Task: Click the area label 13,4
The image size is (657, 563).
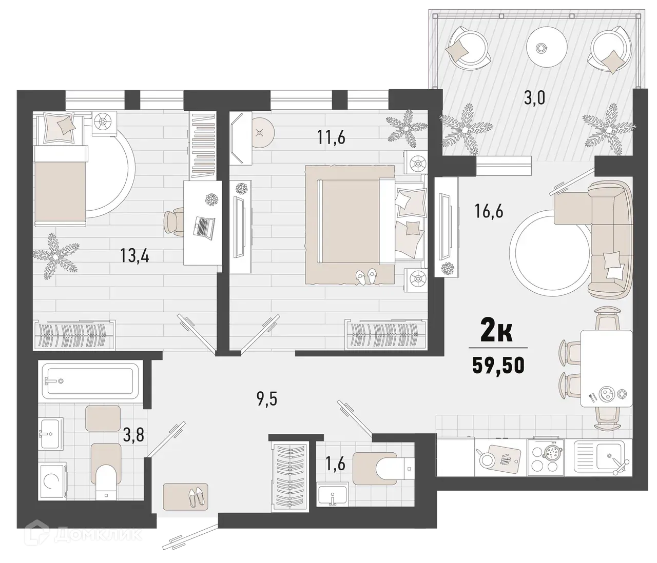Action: coord(134,255)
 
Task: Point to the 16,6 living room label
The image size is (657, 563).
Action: coord(489,211)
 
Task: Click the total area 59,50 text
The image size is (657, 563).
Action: coord(498,367)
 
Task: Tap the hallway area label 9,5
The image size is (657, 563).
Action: coord(266,398)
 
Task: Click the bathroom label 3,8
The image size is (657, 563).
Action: coord(133,436)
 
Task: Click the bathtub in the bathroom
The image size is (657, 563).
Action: coord(90,380)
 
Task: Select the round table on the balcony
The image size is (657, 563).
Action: coord(540,48)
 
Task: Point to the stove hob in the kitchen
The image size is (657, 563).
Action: coord(550,457)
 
